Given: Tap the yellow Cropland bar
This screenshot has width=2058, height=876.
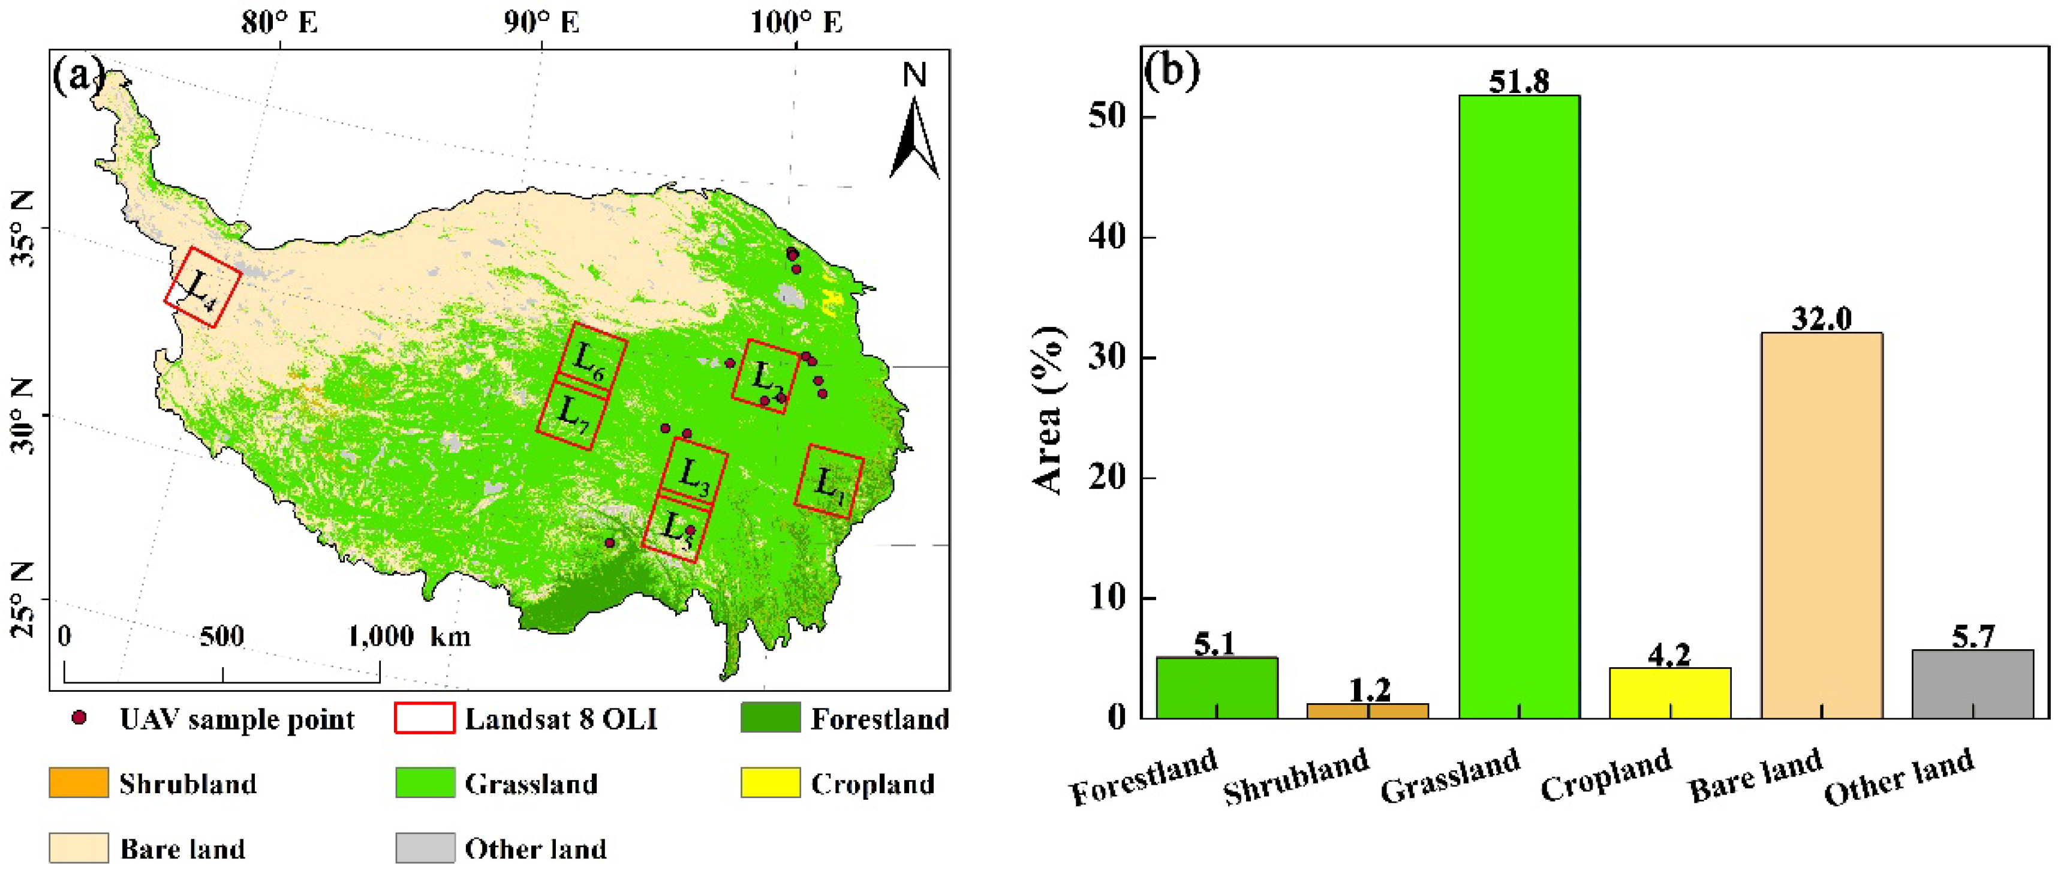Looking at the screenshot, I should (1670, 693).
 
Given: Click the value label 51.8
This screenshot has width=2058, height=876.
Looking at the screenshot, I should (1519, 82).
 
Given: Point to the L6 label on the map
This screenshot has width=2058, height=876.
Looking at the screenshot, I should (589, 361).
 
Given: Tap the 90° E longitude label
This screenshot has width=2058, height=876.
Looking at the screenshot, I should (541, 22).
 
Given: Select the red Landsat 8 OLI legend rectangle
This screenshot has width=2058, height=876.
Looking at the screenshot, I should (424, 718).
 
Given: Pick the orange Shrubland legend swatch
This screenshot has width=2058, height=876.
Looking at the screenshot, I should (79, 782).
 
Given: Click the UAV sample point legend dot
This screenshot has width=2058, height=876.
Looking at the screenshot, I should (79, 718).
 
